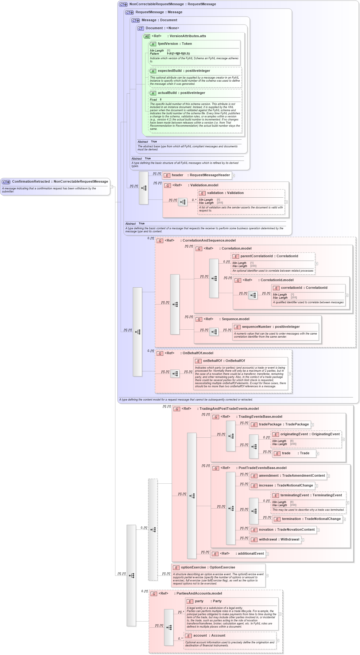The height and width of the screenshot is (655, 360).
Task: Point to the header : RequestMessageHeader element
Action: click(200, 175)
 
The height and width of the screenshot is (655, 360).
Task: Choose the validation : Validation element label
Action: click(225, 193)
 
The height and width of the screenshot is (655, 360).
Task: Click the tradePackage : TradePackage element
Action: click(283, 424)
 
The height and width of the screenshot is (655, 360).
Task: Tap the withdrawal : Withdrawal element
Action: click(279, 539)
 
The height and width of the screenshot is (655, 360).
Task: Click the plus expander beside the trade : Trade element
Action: click(318, 453)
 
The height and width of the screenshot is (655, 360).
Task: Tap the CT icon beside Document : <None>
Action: click(141, 28)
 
